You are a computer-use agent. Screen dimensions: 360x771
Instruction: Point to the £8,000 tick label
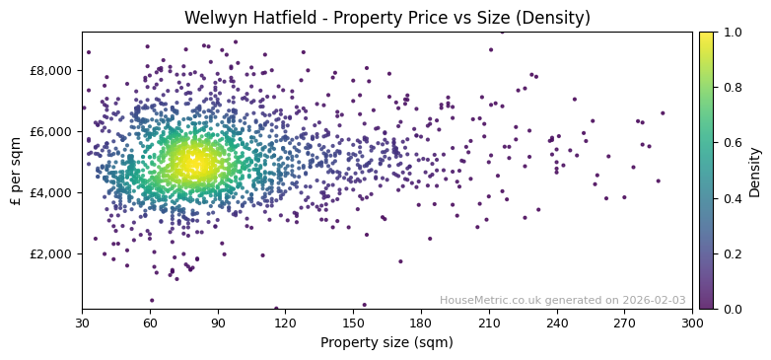tap(52, 70)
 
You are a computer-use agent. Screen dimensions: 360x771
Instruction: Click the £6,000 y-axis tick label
tap(52, 131)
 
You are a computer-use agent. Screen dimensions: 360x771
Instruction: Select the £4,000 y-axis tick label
tap(52, 192)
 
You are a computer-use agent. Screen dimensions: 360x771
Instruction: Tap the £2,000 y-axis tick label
tap(52, 253)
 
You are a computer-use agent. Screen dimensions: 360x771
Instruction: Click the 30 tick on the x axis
tap(82, 324)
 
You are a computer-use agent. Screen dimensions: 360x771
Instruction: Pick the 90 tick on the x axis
tap(218, 324)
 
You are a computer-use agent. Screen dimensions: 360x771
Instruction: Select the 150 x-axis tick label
tap(353, 324)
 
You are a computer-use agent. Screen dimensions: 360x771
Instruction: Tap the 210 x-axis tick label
tap(489, 324)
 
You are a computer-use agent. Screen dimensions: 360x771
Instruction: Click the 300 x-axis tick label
tap(692, 324)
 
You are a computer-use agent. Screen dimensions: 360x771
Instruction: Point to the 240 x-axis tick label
tap(557, 324)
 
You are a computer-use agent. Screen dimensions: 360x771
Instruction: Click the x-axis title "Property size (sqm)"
tap(386, 342)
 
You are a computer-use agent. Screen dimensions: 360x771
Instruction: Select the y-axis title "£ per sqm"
tap(17, 170)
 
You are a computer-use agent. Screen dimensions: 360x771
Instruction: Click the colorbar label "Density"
tap(755, 171)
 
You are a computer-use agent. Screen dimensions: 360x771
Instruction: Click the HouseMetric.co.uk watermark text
tap(562, 300)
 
